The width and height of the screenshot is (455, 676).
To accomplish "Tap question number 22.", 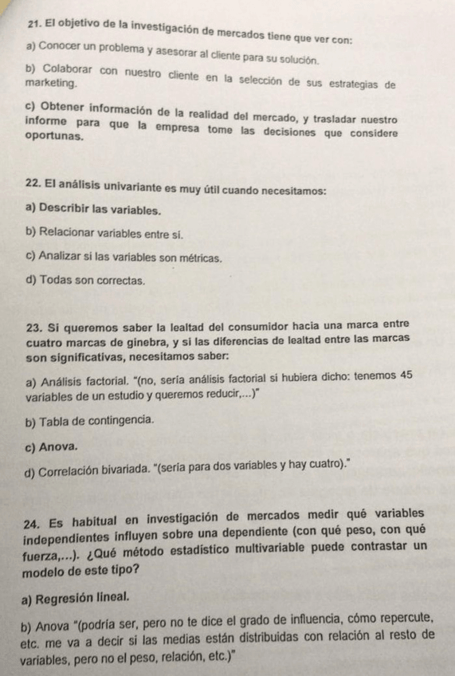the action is tap(34, 190).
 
